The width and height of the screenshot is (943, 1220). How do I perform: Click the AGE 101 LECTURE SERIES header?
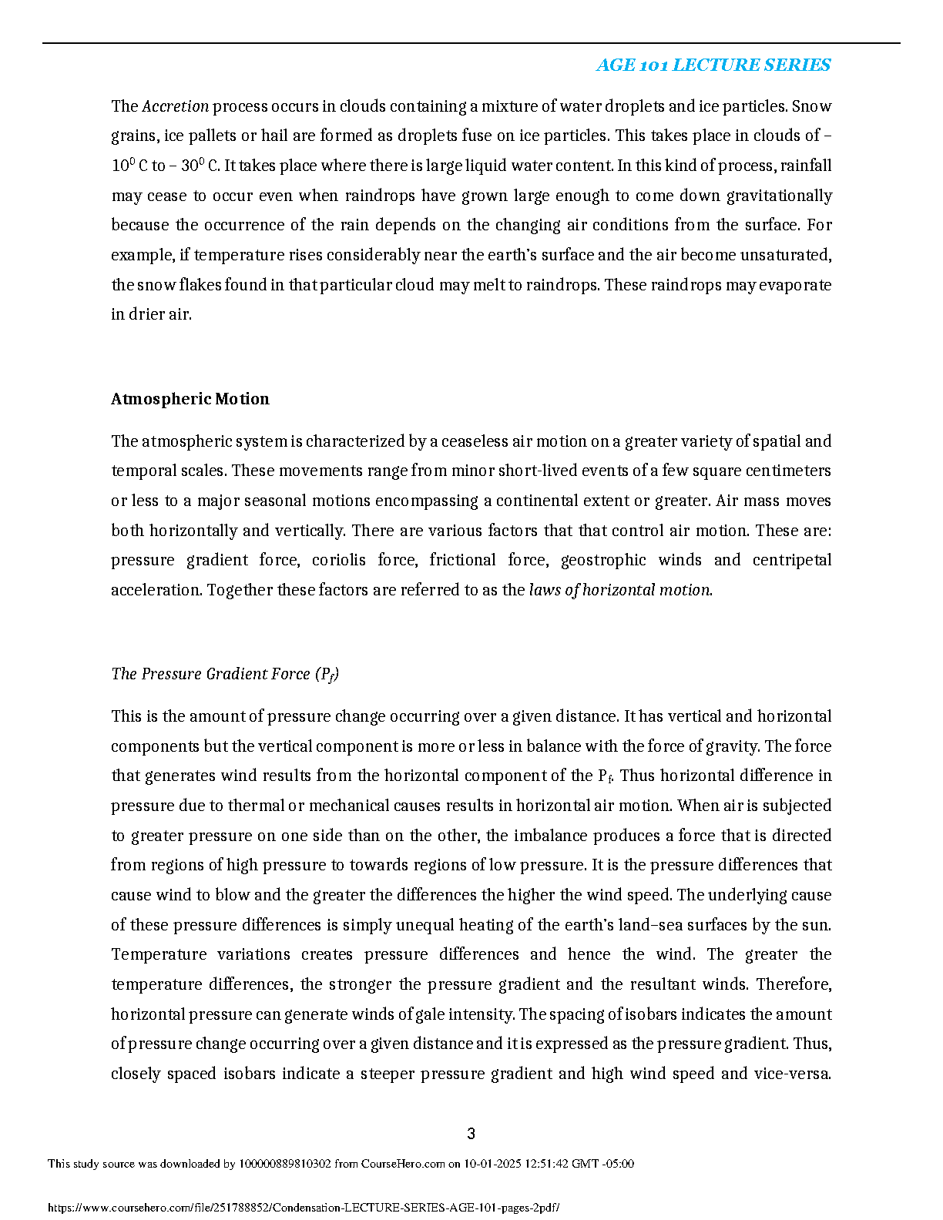[x=713, y=65]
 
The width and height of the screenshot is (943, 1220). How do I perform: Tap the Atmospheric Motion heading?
[x=190, y=399]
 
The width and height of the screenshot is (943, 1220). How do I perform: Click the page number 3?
[x=471, y=1134]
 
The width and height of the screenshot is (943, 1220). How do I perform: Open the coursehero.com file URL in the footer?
[x=304, y=1208]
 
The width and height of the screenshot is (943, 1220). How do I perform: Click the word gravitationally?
[x=779, y=196]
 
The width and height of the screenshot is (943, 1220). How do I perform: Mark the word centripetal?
[x=792, y=560]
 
